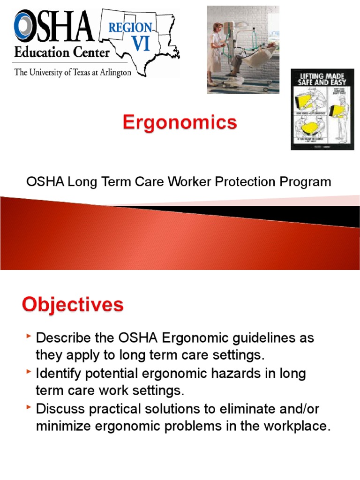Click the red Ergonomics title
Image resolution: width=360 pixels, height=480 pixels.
tap(180, 123)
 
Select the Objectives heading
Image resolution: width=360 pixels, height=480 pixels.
tap(73, 305)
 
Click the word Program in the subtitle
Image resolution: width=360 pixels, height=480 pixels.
tap(307, 182)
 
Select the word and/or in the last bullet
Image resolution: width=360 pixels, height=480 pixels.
tap(298, 409)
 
